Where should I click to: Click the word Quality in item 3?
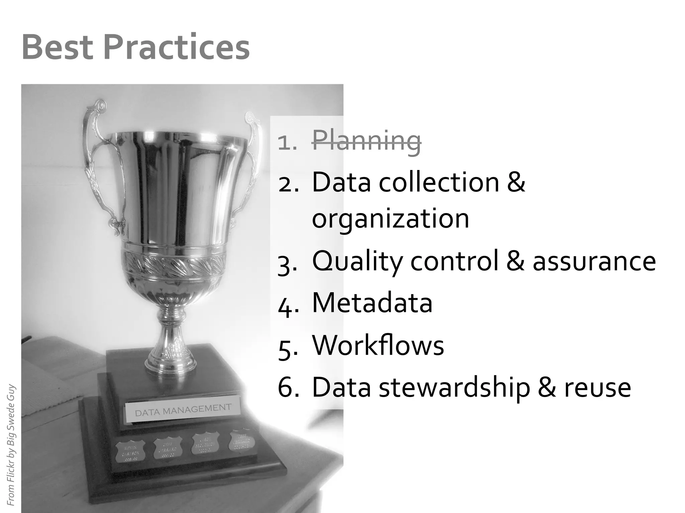tap(357, 262)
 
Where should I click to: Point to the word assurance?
tap(594, 262)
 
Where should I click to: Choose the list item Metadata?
tap(372, 303)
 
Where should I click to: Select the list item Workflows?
tap(378, 345)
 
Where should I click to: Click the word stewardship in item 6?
tap(455, 387)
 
